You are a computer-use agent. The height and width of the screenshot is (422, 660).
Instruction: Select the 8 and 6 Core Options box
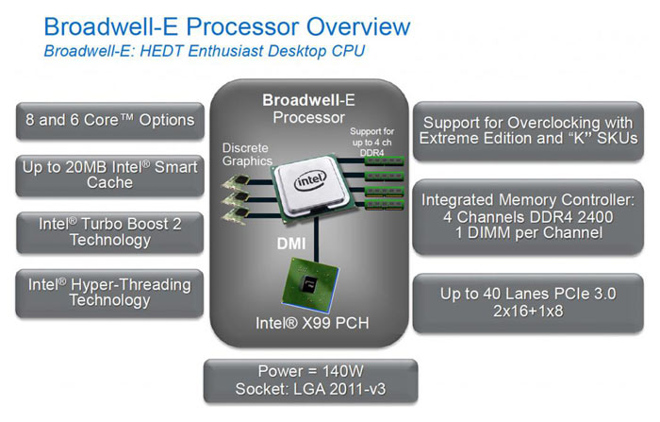(110, 121)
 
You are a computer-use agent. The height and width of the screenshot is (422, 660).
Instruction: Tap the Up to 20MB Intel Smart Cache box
(110, 174)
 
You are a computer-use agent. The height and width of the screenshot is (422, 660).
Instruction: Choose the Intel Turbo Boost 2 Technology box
(110, 231)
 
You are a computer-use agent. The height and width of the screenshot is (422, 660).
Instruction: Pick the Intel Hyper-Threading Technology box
(110, 292)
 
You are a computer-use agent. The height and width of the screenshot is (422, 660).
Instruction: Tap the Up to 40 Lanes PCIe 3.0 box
(527, 302)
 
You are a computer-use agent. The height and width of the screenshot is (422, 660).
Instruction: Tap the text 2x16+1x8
(528, 312)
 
